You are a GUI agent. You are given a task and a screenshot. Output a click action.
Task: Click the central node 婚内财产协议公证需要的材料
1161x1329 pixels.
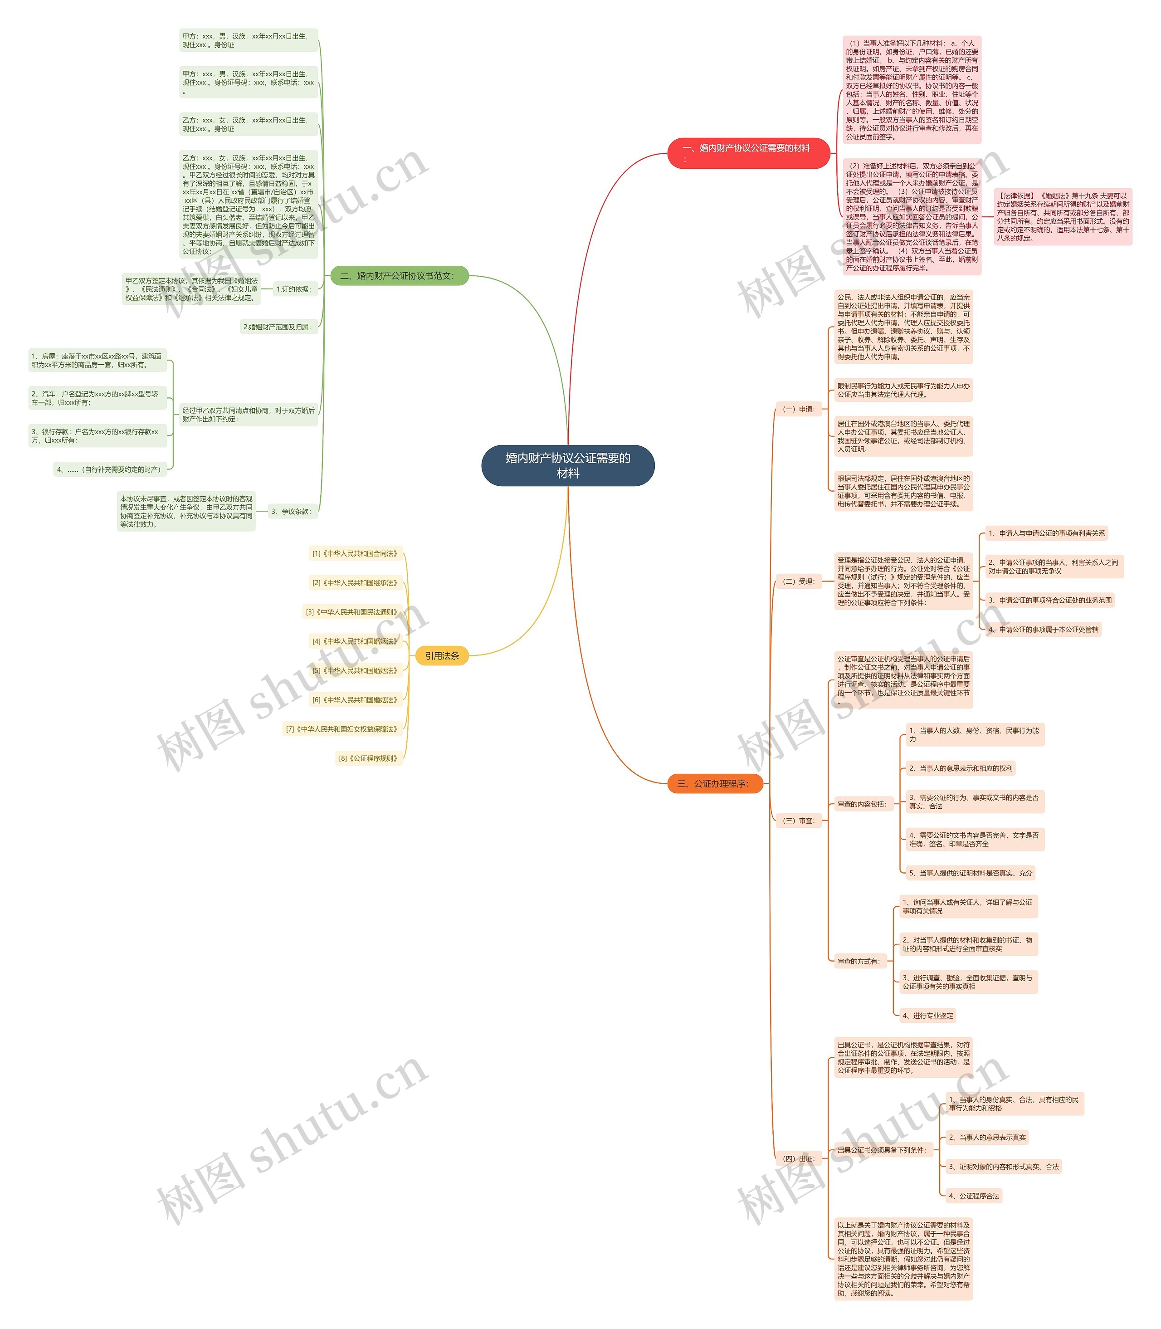click(567, 465)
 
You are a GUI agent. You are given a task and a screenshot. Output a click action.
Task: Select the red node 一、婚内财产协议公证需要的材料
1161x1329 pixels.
click(748, 153)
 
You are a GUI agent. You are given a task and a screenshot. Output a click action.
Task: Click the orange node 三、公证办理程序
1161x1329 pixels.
click(715, 783)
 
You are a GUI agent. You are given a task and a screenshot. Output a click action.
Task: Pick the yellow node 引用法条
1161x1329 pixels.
click(442, 656)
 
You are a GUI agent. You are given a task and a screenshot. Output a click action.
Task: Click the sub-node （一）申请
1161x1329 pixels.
click(799, 409)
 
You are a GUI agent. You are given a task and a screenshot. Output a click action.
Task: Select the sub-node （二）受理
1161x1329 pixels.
click(799, 581)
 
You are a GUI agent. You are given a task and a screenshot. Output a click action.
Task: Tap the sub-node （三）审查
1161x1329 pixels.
click(799, 821)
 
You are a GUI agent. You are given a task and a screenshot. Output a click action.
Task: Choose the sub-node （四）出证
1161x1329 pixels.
click(799, 1158)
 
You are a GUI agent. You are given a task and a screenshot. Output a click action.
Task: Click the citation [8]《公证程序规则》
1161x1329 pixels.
click(369, 758)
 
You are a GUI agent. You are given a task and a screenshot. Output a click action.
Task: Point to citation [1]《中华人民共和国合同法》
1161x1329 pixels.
click(355, 553)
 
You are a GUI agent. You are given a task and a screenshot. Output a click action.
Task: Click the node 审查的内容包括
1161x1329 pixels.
click(862, 804)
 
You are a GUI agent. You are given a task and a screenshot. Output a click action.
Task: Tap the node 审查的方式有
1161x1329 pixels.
click(859, 961)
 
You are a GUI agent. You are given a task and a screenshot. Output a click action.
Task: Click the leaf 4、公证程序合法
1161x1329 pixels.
click(974, 1196)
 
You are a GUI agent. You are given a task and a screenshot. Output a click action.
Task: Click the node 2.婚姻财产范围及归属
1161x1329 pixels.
click(278, 327)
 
